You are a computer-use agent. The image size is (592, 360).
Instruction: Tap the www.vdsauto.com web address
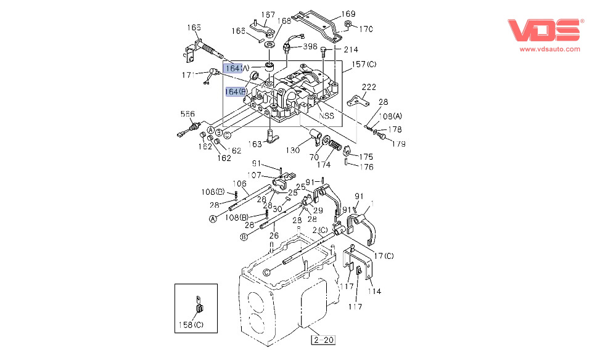pos(549,49)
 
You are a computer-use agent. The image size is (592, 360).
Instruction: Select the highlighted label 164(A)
pos(236,68)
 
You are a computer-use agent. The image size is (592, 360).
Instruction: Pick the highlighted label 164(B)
pos(236,92)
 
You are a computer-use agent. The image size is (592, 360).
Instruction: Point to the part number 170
pos(366,28)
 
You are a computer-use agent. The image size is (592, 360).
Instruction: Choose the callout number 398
pos(310,46)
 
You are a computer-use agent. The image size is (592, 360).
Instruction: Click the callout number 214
pos(350,49)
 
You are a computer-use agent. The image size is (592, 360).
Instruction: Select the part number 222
pos(368,87)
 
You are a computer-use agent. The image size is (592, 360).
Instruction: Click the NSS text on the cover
pos(326,115)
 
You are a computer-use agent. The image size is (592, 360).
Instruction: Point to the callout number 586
pos(187,114)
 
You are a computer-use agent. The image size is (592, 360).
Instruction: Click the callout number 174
pos(324,164)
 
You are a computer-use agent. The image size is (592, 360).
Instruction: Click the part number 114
pos(374,291)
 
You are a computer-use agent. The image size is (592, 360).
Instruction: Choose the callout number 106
pos(239,183)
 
